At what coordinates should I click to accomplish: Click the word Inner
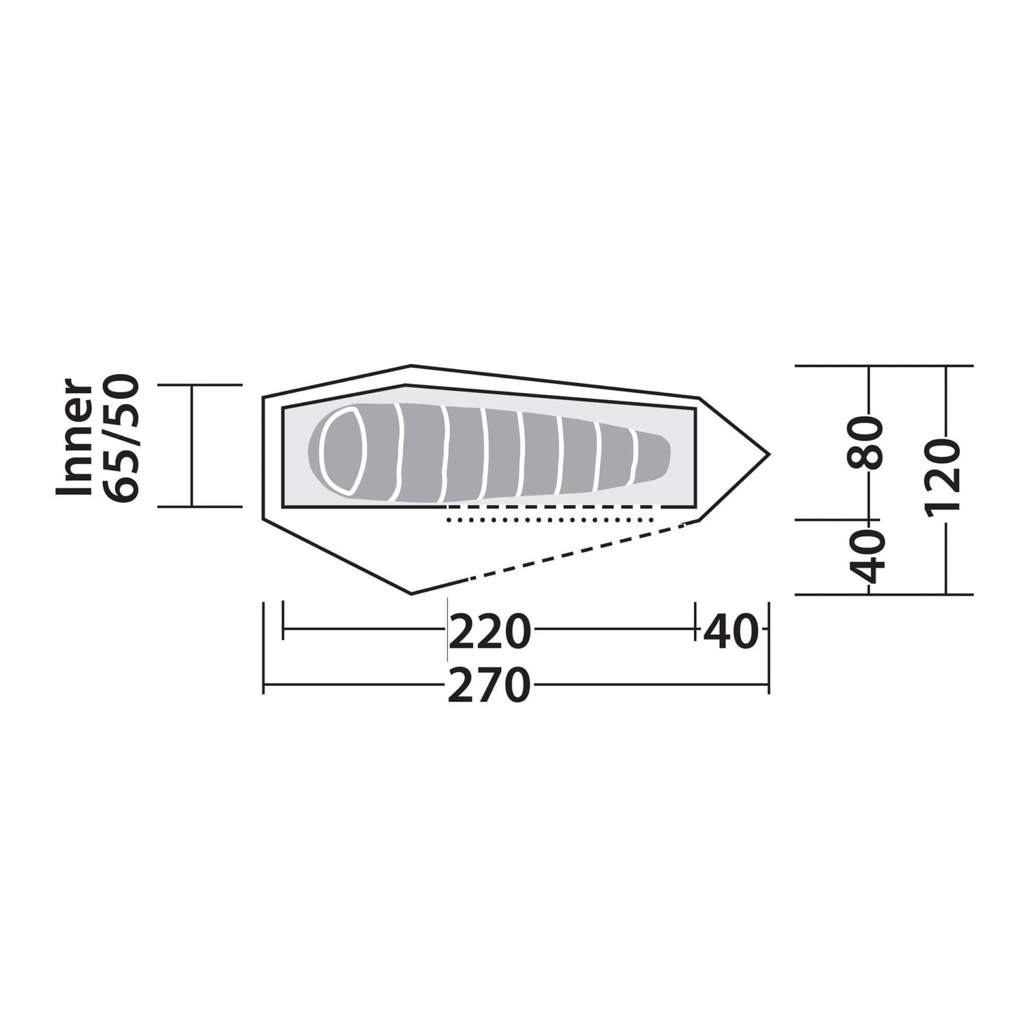click(x=75, y=437)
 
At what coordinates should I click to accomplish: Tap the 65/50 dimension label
click(x=121, y=439)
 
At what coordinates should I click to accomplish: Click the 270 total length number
click(x=489, y=685)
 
